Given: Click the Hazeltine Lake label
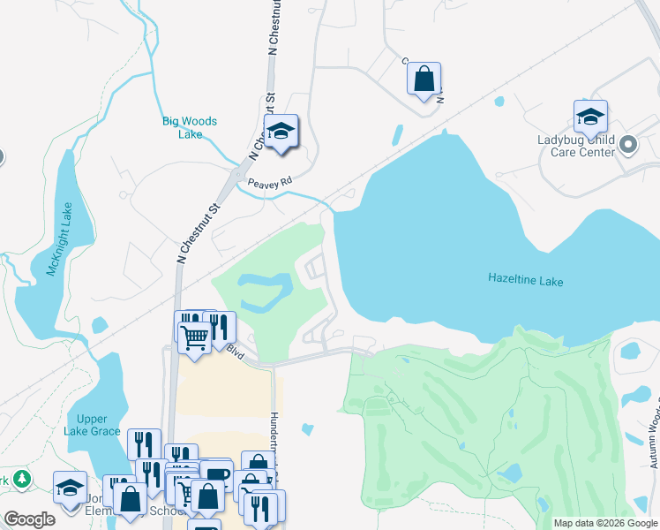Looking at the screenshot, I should (525, 280).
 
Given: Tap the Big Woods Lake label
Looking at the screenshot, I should (190, 128).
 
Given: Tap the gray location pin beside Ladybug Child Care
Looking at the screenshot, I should (628, 144).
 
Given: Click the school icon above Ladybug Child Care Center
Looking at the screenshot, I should (590, 116).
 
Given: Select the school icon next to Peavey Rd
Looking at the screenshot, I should (281, 132).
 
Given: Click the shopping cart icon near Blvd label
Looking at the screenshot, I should (194, 337).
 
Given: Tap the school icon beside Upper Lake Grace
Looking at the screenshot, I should (71, 487).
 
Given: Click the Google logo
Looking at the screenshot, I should (29, 519).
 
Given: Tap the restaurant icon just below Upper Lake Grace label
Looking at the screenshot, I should (144, 443).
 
